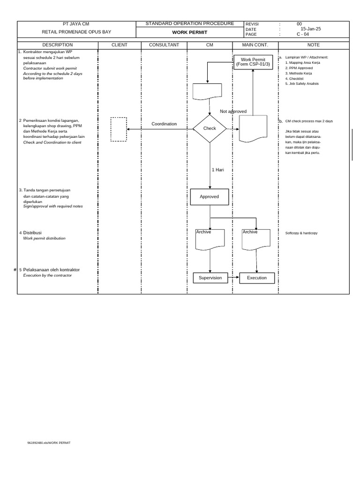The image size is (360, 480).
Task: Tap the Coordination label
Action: (x=164, y=124)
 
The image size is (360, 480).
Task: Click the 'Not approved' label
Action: (x=233, y=112)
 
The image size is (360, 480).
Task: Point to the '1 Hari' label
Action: (x=218, y=170)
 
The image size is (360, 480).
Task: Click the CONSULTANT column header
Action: (x=164, y=45)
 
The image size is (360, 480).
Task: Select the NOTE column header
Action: (x=314, y=45)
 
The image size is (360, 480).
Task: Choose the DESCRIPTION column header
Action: (x=58, y=45)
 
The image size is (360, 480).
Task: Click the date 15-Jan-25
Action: (x=311, y=29)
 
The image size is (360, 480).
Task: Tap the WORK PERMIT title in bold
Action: (x=190, y=32)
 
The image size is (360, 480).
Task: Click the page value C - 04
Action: (x=303, y=34)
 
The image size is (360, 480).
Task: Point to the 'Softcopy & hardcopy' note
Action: (x=301, y=233)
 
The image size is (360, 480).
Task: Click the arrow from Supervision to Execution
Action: (x=233, y=277)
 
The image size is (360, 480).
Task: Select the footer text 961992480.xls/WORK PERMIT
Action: (x=49, y=443)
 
